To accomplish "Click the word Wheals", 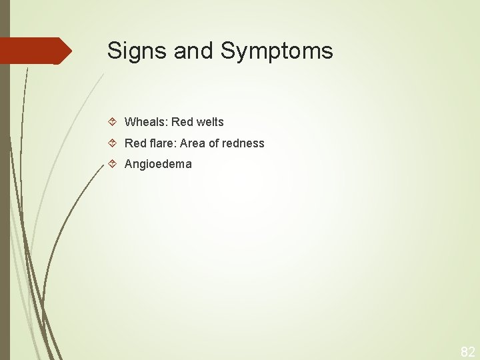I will click(146, 122).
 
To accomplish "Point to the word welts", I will click(209, 122).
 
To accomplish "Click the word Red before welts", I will click(181, 122).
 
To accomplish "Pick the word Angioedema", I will click(158, 164).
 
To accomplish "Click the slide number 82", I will click(468, 352).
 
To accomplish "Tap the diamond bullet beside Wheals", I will click(113, 122).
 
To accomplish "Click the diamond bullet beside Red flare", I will click(113, 143).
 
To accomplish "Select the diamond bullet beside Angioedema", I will click(113, 164).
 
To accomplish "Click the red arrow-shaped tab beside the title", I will click(33, 51).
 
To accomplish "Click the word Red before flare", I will click(135, 143).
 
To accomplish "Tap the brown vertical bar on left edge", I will click(5, 200).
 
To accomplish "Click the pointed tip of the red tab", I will click(70, 51).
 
